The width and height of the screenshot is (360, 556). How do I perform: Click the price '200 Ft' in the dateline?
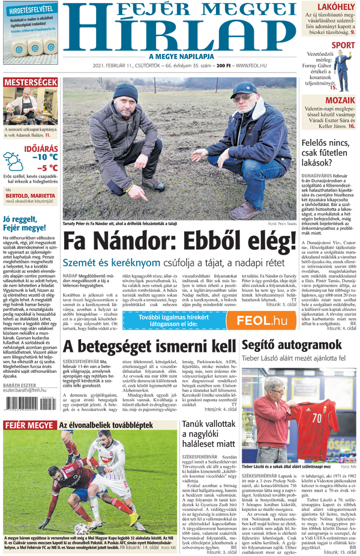click(224, 65)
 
